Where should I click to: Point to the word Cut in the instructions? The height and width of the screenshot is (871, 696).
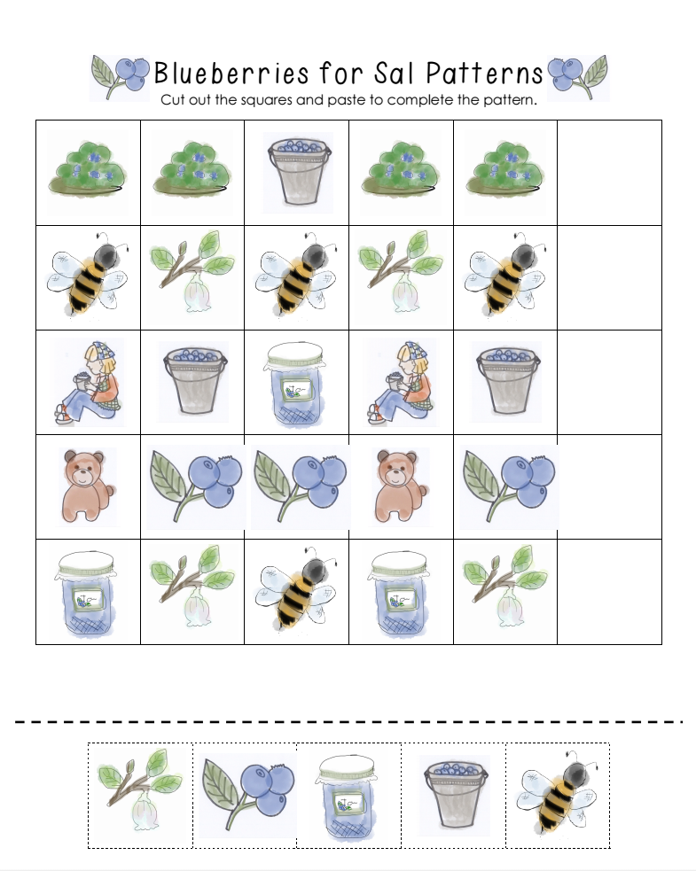tap(172, 100)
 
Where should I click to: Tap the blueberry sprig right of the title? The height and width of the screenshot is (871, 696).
tap(577, 74)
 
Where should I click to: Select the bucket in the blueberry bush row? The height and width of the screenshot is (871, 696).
tap(297, 171)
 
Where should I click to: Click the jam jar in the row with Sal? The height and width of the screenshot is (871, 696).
tap(297, 382)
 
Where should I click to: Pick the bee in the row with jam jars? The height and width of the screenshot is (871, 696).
tap(297, 591)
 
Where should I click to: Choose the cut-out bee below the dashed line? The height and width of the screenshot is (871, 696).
tap(557, 794)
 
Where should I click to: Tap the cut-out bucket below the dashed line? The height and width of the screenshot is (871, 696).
tap(453, 794)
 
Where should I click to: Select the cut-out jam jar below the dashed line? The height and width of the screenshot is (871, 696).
tap(348, 794)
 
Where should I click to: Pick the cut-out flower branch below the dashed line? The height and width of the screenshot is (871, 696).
tap(140, 794)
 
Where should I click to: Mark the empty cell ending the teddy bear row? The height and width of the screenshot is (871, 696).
tap(609, 486)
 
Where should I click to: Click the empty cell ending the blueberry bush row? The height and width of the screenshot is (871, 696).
tap(609, 173)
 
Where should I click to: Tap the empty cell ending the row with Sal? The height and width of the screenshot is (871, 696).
tap(609, 382)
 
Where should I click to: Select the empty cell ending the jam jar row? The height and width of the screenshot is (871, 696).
tap(609, 591)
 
